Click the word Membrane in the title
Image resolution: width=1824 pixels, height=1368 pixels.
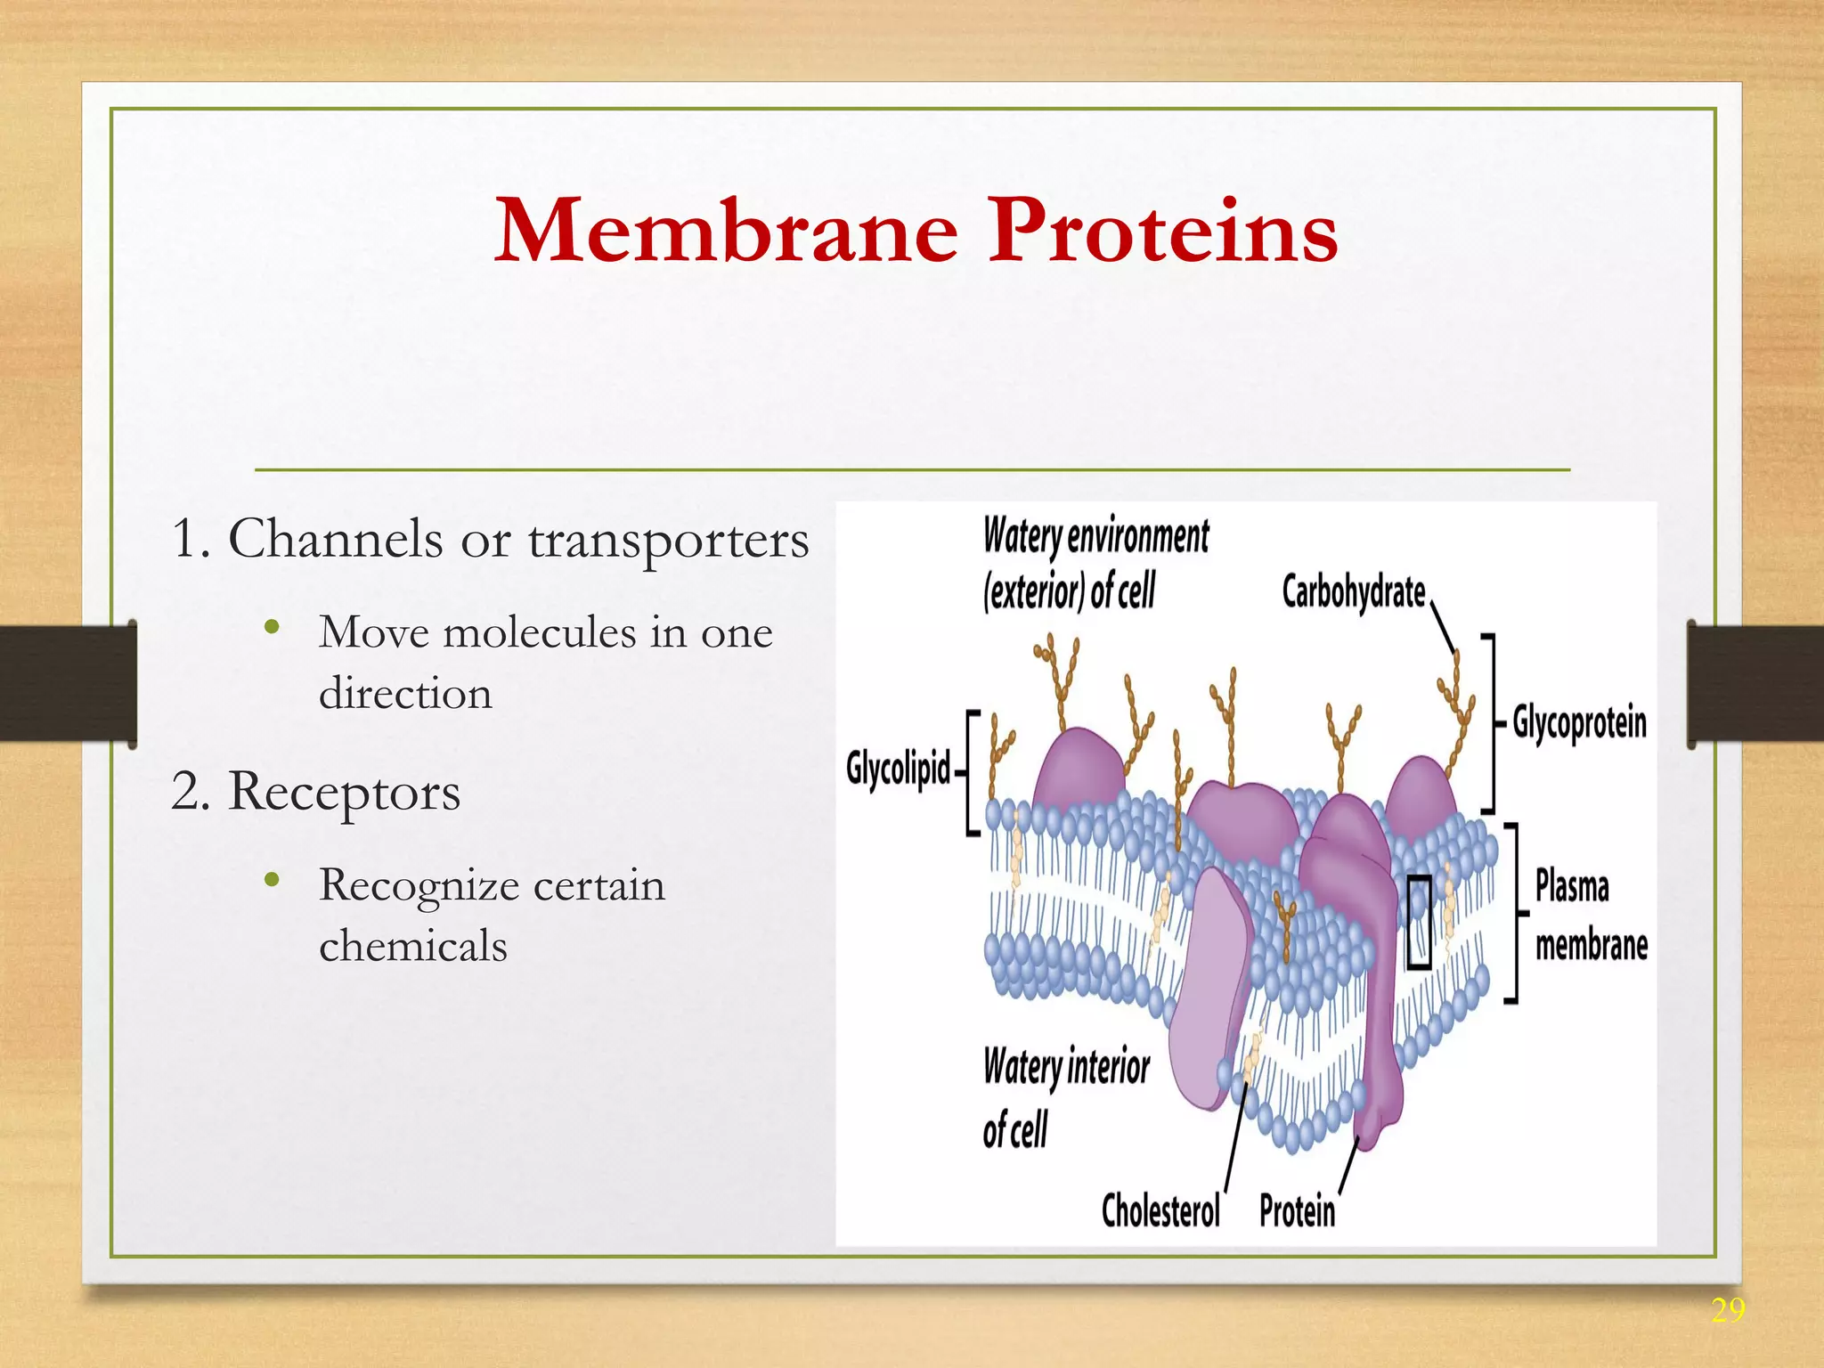(726, 232)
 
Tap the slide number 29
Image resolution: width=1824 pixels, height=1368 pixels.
(1727, 1310)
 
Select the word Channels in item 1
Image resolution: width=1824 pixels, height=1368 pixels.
(335, 540)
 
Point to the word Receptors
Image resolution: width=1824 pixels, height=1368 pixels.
(344, 792)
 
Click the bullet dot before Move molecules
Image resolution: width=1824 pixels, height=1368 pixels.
(273, 628)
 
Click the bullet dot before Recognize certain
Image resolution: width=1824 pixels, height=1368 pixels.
(273, 881)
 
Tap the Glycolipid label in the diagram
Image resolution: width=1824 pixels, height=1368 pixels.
(898, 768)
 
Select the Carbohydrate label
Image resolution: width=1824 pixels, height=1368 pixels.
(1353, 592)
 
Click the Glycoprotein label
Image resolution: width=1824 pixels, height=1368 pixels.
(1579, 722)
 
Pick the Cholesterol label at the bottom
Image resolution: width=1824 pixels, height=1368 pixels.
(1160, 1211)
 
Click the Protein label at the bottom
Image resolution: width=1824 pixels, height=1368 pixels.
(1297, 1212)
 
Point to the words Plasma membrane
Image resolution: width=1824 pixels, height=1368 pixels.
(1590, 916)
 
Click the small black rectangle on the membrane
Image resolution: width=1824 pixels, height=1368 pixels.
(1419, 921)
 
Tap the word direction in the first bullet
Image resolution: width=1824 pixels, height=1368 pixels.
(405, 694)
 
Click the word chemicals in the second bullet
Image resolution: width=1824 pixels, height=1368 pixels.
(413, 946)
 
